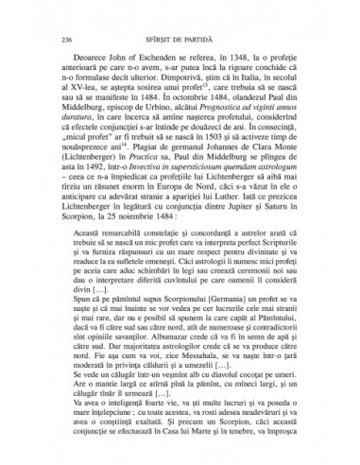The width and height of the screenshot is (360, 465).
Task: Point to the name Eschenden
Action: point(155,68)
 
